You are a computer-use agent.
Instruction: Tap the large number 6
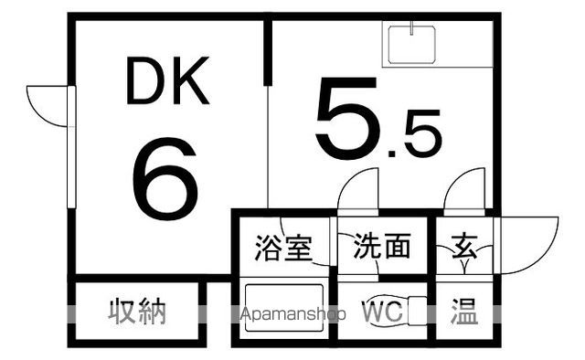click(x=165, y=177)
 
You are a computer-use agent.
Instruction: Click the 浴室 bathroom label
click(x=282, y=247)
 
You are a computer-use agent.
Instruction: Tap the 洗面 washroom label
click(x=382, y=246)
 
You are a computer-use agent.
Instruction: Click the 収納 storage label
click(x=138, y=312)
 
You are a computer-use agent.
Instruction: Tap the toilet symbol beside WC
click(x=416, y=312)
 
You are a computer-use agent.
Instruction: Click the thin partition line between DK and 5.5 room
click(x=268, y=146)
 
